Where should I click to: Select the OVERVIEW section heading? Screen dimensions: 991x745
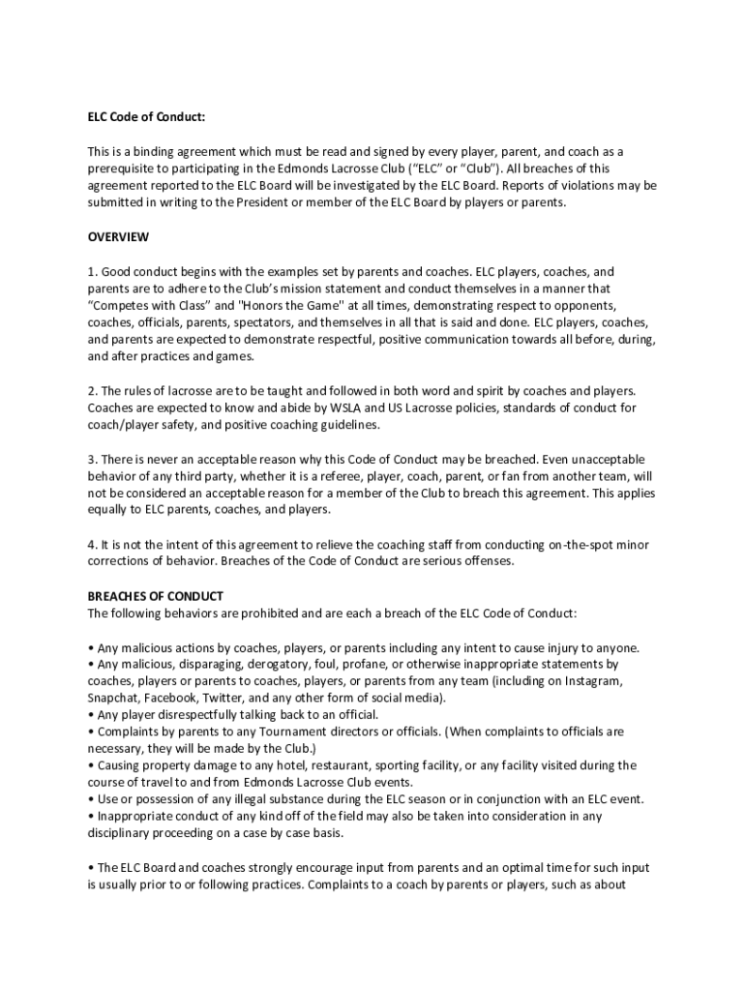[119, 237]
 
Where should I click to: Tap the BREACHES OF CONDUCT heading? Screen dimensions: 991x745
[156, 596]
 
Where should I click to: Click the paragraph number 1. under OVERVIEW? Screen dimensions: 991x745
[93, 272]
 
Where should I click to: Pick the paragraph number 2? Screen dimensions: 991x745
[93, 391]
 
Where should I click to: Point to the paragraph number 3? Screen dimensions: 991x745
[93, 459]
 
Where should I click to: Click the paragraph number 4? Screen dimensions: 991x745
[93, 545]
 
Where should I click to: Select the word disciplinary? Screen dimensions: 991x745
[120, 833]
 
